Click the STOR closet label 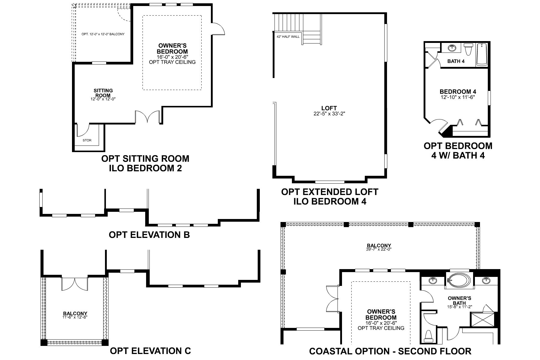click(x=87, y=140)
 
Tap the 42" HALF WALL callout click(x=288, y=37)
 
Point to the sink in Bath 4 click(x=452, y=48)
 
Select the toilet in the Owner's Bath click(x=429, y=336)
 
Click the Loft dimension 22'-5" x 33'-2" click(x=329, y=113)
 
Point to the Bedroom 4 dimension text click(x=458, y=97)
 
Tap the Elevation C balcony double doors click(x=75, y=283)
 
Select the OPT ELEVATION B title click(x=149, y=235)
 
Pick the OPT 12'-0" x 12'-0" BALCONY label click(x=103, y=34)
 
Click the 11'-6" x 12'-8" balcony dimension click(x=75, y=317)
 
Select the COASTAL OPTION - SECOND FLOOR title click(x=390, y=351)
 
